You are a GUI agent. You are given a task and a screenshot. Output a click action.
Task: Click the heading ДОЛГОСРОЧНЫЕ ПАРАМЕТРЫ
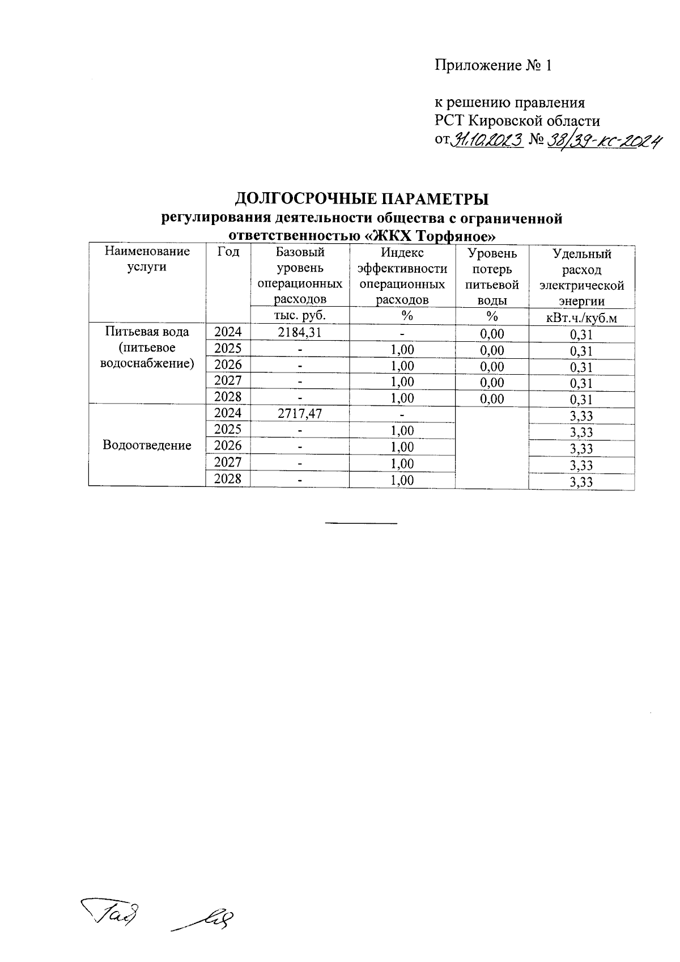click(x=362, y=200)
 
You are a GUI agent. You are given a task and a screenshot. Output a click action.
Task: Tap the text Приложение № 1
click(x=492, y=66)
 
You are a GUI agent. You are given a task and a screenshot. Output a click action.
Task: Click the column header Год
click(x=228, y=252)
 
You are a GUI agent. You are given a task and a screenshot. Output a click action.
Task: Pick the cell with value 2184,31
click(x=300, y=332)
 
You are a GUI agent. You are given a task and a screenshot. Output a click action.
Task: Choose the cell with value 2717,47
click(x=300, y=413)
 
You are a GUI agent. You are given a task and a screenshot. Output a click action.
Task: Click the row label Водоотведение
click(x=147, y=445)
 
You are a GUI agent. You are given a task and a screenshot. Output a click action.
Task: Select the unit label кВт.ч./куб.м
click(x=581, y=317)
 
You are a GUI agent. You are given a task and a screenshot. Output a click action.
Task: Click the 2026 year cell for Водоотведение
click(x=228, y=446)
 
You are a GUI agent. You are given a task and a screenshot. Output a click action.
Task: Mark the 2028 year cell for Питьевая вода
click(x=228, y=397)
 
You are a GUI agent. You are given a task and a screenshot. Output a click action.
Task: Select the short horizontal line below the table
click(x=361, y=522)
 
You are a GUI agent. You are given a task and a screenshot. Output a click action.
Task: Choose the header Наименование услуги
click(x=147, y=258)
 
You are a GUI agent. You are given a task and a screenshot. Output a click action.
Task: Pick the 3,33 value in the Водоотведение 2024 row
click(x=581, y=416)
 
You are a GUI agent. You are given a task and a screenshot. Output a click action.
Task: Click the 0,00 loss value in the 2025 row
click(x=491, y=350)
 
